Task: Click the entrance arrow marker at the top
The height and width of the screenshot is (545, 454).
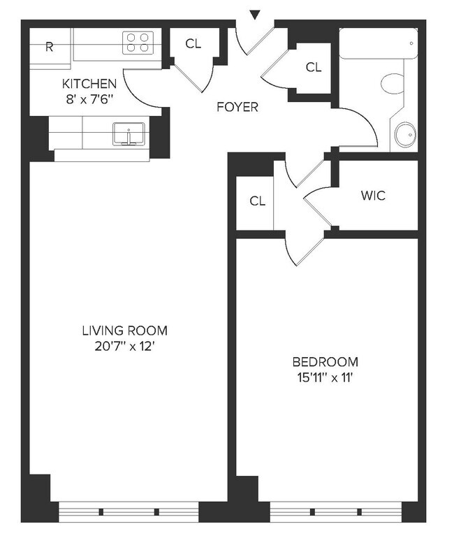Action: (x=255, y=14)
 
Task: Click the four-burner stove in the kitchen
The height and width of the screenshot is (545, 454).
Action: (x=138, y=43)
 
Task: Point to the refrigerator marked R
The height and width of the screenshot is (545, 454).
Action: (x=50, y=48)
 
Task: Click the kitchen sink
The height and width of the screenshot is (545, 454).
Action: (x=129, y=133)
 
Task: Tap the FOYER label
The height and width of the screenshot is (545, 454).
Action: (x=237, y=107)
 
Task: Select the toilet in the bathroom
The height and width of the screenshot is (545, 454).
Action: (x=393, y=84)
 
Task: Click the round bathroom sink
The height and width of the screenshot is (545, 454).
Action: (x=405, y=135)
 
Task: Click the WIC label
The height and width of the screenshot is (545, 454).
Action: (x=372, y=196)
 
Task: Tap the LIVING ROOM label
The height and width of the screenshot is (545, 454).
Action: (x=124, y=330)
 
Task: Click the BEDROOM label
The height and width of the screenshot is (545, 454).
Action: (x=325, y=362)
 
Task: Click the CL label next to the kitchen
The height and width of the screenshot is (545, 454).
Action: (x=193, y=43)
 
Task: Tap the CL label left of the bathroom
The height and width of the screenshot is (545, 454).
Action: (x=314, y=67)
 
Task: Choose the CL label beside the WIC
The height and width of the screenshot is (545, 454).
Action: (x=258, y=201)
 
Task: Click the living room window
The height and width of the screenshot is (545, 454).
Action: (x=129, y=511)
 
